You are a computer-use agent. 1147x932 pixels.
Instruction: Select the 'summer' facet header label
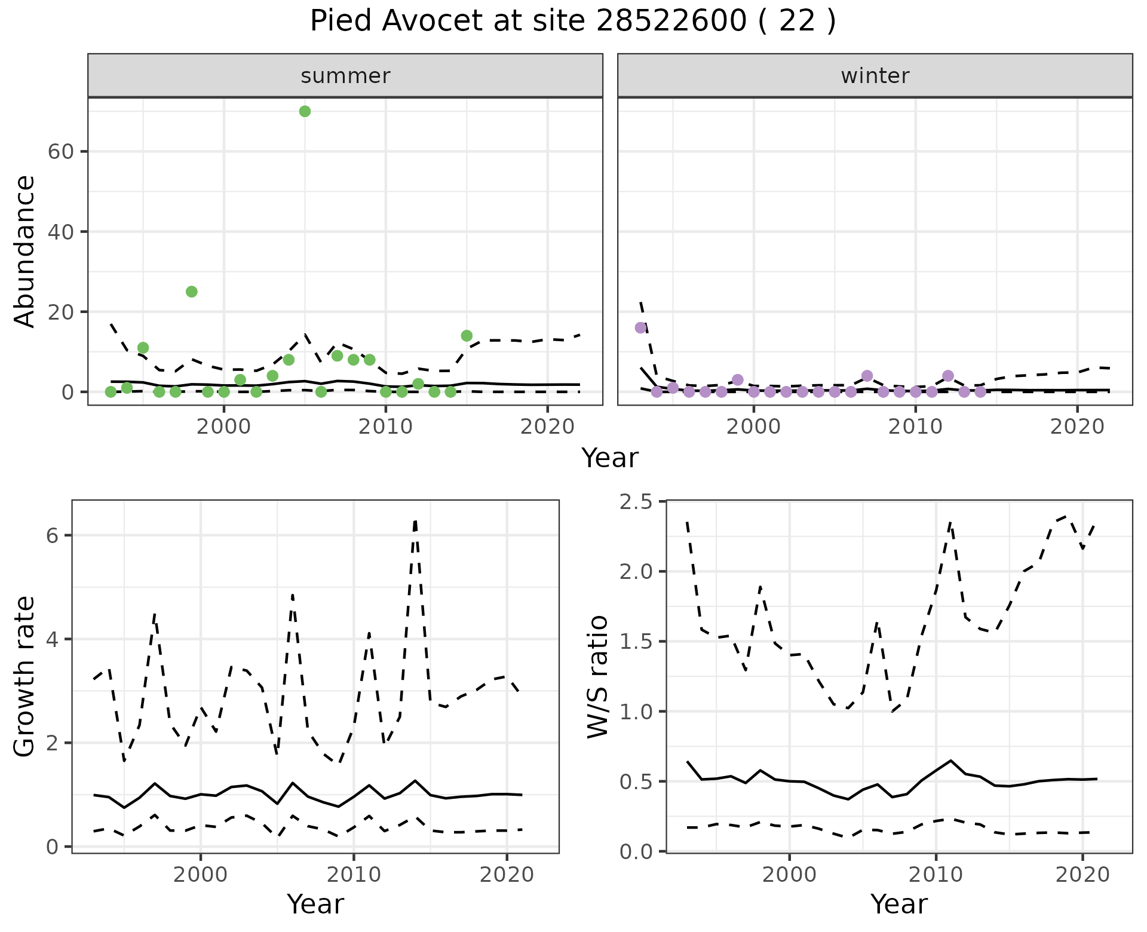pos(345,76)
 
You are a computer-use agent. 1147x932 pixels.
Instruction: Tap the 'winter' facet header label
pos(875,76)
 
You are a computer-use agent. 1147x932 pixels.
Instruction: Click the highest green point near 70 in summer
pos(305,111)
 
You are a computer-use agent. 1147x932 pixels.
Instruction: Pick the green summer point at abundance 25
pos(192,292)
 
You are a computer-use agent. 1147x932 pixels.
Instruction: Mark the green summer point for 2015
pos(467,336)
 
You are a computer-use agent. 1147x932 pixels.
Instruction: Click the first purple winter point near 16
pos(641,327)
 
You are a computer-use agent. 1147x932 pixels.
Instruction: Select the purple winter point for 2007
pos(867,376)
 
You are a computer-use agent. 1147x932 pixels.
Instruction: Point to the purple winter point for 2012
pos(948,376)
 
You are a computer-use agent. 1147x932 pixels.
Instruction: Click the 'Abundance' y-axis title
pos(25,251)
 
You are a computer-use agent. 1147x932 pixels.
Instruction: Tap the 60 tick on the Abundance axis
pos(60,152)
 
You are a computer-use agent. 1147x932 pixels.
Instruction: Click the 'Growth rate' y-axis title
pos(25,676)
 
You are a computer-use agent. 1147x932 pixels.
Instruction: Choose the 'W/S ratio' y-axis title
pos(598,676)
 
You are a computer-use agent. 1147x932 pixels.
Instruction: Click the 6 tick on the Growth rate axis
pos(53,535)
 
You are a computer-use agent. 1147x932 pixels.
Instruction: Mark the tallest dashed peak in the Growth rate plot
pos(415,521)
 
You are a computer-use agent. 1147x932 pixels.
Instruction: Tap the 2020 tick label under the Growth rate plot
pos(507,875)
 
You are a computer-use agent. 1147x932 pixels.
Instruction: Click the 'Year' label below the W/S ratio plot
pos(898,904)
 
